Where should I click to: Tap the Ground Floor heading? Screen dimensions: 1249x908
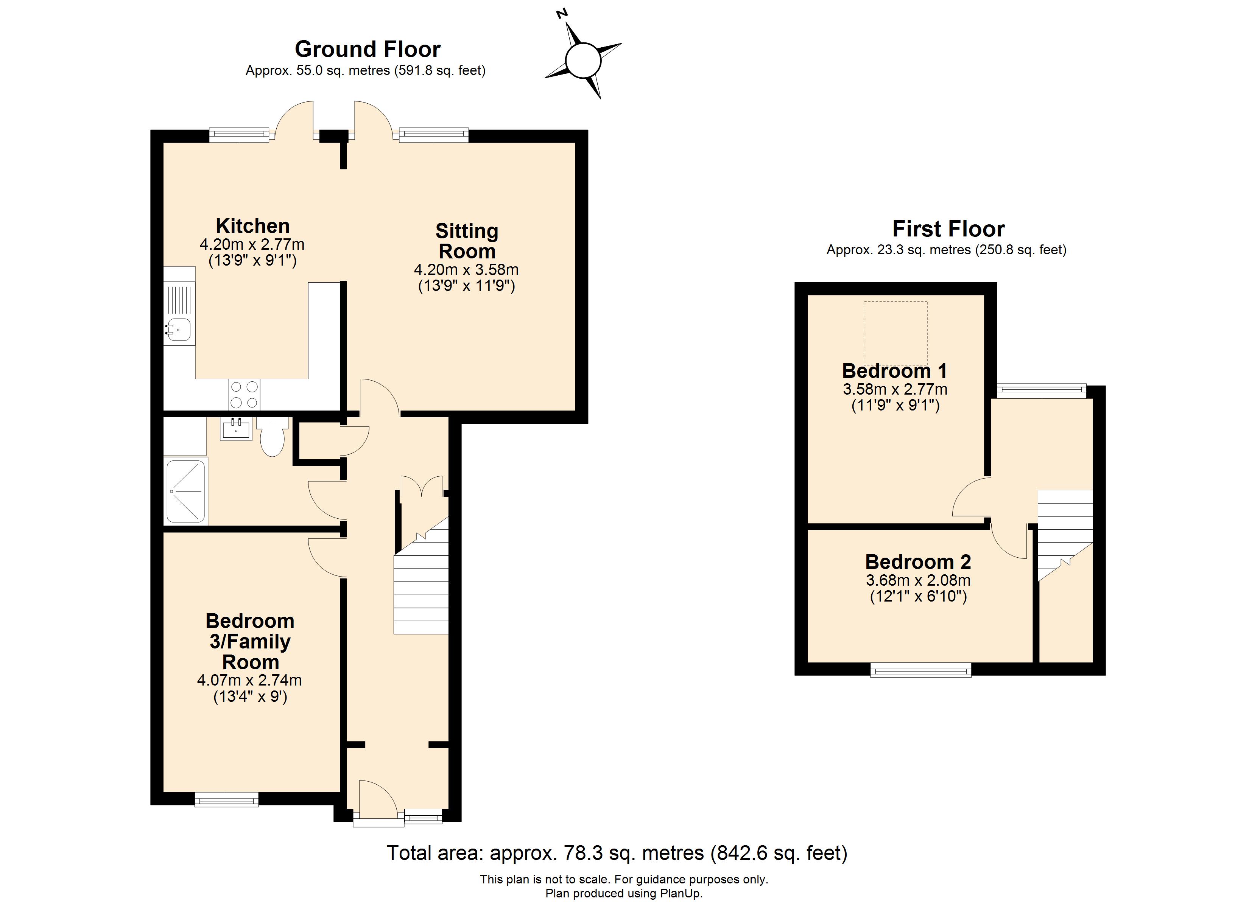[368, 49]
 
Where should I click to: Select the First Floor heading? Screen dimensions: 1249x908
[948, 228]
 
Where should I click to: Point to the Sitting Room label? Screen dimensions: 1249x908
[467, 241]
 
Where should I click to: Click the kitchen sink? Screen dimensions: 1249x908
[179, 329]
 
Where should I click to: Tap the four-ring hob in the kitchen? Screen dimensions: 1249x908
[244, 395]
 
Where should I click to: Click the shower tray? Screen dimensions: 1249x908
[185, 491]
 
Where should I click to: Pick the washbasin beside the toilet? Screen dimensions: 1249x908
[236, 428]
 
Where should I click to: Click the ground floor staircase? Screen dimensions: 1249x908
[421, 576]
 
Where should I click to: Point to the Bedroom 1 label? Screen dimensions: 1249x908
[895, 371]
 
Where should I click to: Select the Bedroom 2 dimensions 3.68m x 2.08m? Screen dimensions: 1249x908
[918, 580]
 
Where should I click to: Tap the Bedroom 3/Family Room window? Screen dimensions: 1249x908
[227, 799]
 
